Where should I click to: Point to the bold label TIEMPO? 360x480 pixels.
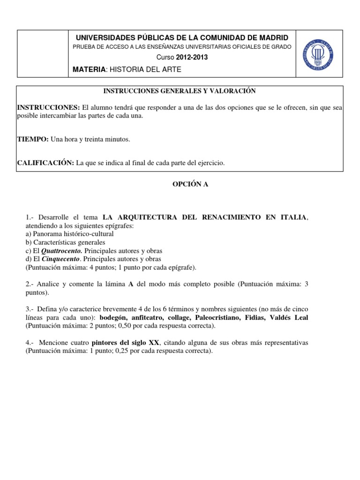pyautogui.click(x=32, y=139)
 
